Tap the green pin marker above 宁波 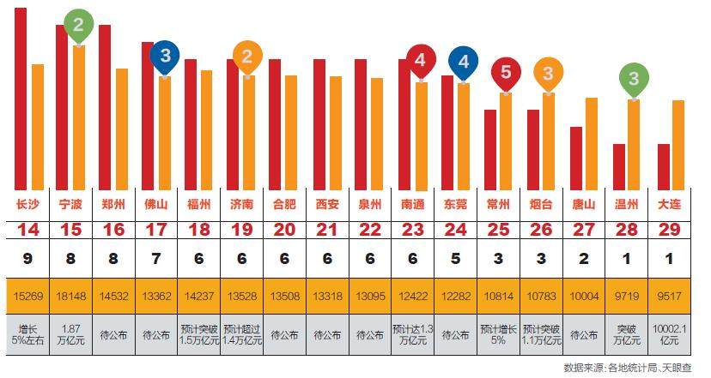click(x=78, y=27)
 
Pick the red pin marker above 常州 click(x=506, y=73)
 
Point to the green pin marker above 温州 click(x=634, y=81)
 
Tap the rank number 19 click(x=242, y=230)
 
